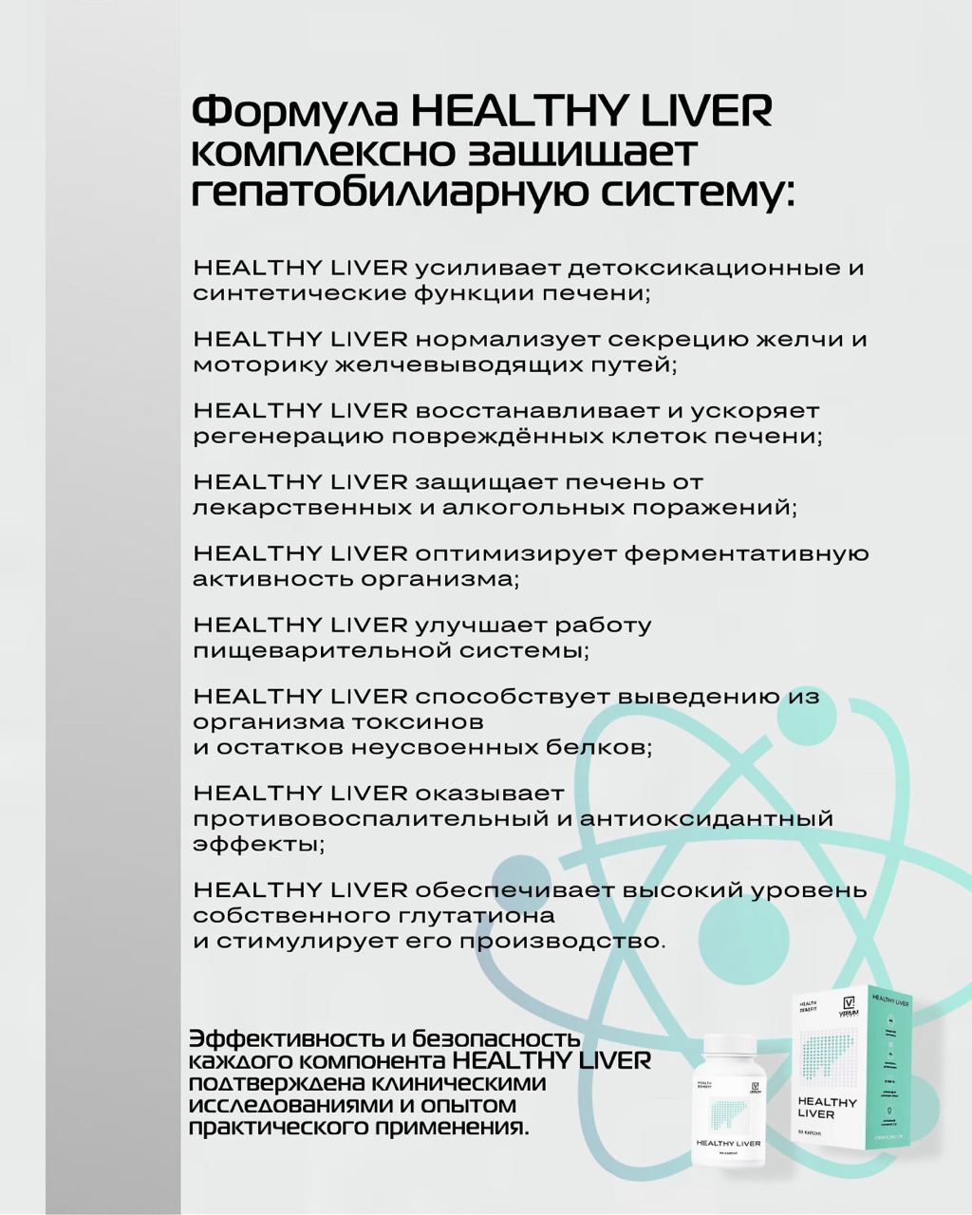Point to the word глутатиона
click(475, 916)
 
